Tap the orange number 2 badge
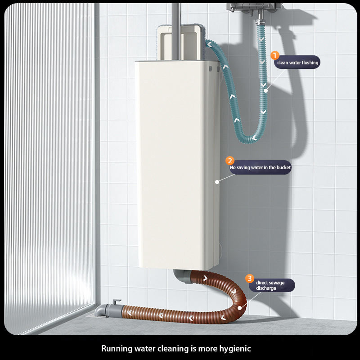click(230, 161)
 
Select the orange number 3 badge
click(250, 279)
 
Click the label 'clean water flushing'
click(297, 63)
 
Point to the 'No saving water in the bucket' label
click(260, 168)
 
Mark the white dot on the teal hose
click(265, 90)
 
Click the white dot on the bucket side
click(217, 182)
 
